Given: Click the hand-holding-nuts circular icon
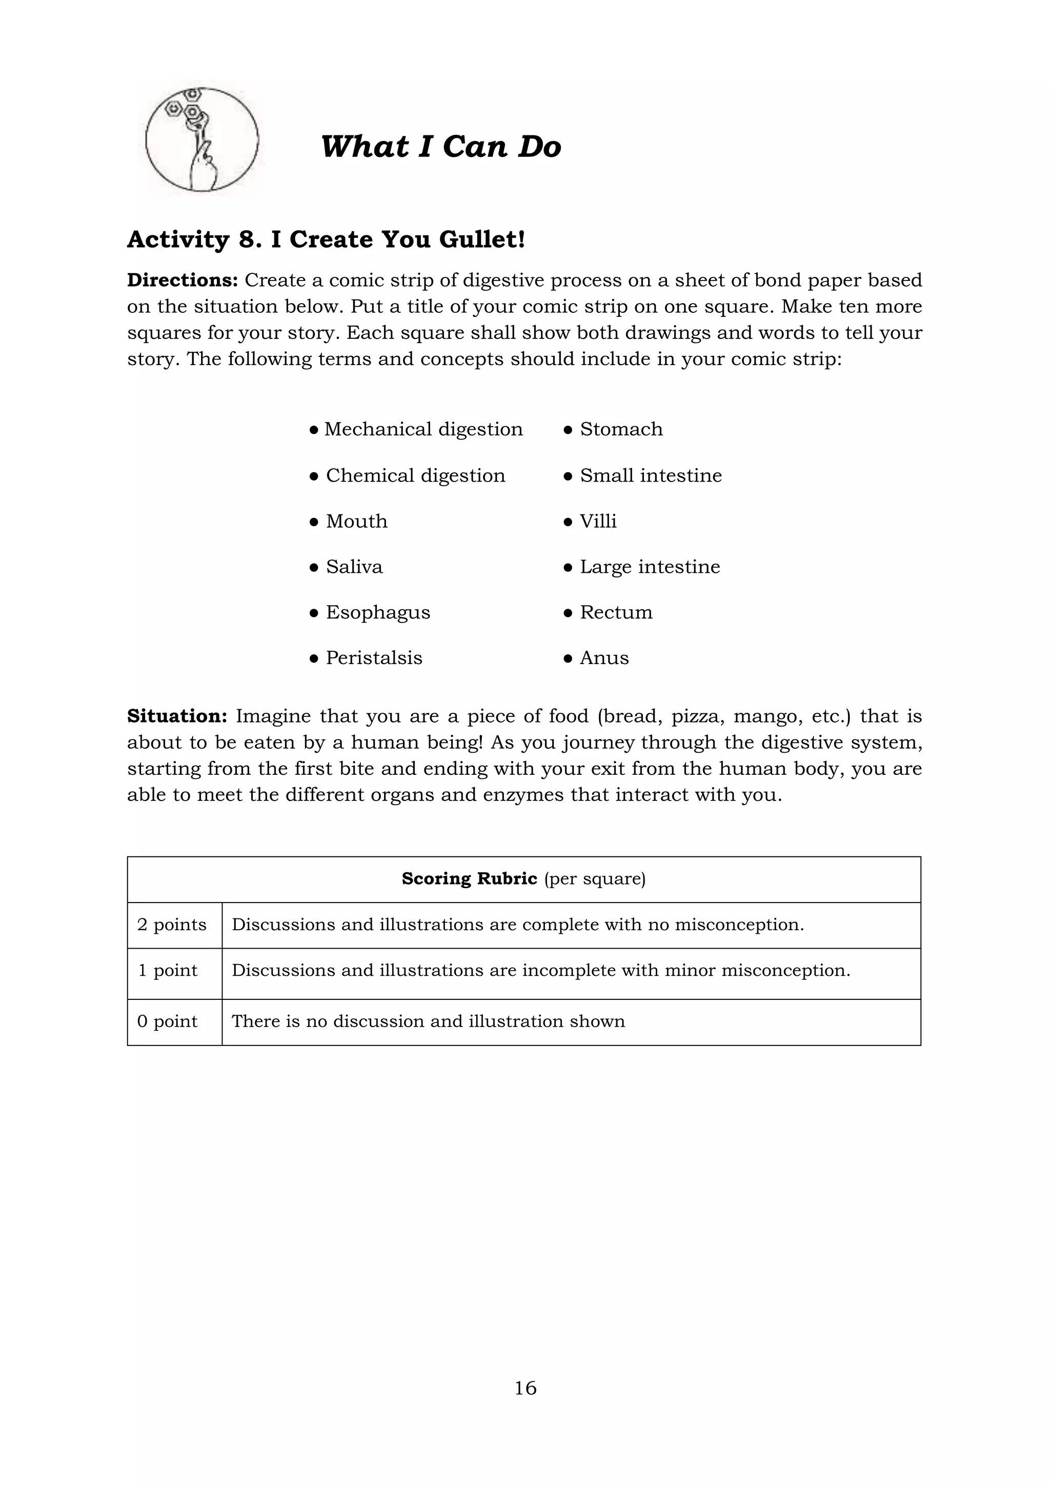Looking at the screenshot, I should pyautogui.click(x=201, y=139).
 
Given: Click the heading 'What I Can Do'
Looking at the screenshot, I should pyautogui.click(x=440, y=146).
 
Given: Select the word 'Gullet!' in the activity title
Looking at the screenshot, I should pyautogui.click(x=482, y=239).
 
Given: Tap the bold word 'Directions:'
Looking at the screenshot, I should pyautogui.click(x=183, y=280).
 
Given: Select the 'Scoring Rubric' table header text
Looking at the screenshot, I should pyautogui.click(x=470, y=878).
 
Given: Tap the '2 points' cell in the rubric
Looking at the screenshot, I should pyautogui.click(x=172, y=924).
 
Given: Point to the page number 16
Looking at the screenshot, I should pyautogui.click(x=525, y=1388).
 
